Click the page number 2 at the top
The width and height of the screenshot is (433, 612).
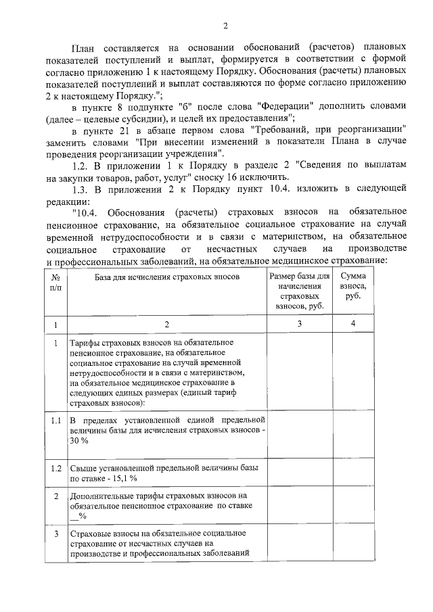[x=225, y=26]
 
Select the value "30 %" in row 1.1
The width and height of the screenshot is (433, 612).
[x=79, y=441]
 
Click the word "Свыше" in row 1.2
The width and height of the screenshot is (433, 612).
[x=84, y=467]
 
